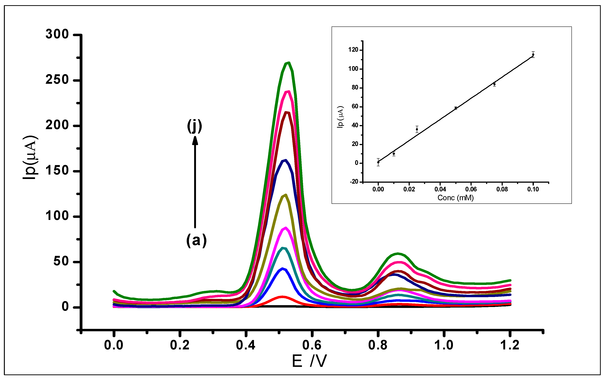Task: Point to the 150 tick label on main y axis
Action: (x=57, y=171)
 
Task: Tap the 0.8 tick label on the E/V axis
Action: (x=378, y=345)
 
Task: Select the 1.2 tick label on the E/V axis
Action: (x=510, y=345)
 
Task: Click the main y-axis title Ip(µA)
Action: (x=30, y=157)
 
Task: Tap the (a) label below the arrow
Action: (x=196, y=240)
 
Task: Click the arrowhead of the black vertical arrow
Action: (x=195, y=141)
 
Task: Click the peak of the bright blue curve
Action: (x=282, y=269)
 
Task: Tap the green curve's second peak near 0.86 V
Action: (x=398, y=254)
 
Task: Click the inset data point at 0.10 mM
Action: (x=533, y=54)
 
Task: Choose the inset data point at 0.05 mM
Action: (x=456, y=108)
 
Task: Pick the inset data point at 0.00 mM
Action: (x=378, y=162)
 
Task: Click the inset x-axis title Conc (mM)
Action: (x=456, y=198)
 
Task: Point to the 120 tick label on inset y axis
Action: (x=353, y=50)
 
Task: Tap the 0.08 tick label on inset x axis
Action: (x=502, y=189)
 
